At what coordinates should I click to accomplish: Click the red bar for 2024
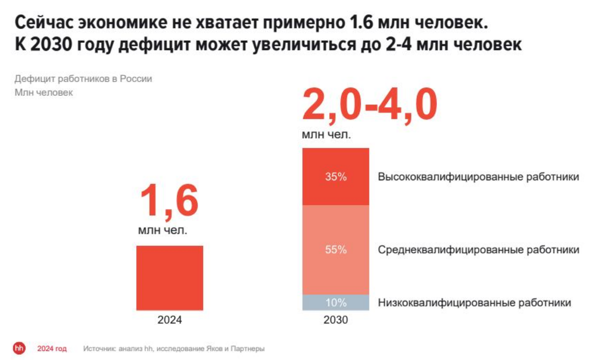click(x=170, y=278)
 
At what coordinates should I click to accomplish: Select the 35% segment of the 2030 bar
click(x=335, y=177)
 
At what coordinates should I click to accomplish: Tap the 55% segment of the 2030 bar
click(x=335, y=250)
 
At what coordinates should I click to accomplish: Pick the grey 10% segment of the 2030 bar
click(x=335, y=302)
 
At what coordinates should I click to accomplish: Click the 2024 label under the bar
click(x=169, y=321)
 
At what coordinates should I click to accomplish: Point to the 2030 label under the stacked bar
click(x=335, y=321)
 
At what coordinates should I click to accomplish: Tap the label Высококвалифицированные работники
click(x=479, y=177)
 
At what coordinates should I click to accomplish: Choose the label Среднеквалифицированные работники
click(x=479, y=250)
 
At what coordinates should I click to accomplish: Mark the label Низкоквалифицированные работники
click(x=474, y=303)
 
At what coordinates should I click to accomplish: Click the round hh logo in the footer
click(x=19, y=349)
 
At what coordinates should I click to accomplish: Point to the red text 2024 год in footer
click(x=51, y=349)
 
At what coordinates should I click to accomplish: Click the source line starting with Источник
click(x=174, y=349)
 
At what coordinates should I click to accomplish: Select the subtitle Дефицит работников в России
click(x=83, y=79)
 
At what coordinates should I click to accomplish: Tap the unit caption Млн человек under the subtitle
click(x=44, y=93)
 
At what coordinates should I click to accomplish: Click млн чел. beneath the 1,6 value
click(x=163, y=231)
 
